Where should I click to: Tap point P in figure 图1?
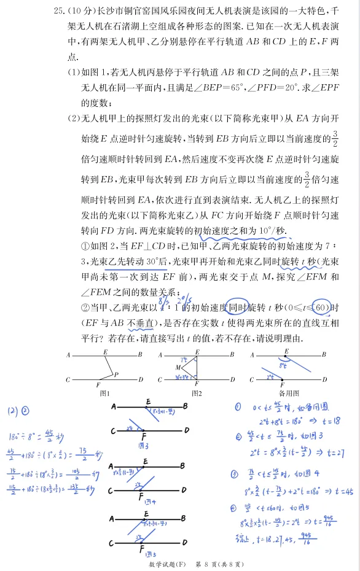[115, 374]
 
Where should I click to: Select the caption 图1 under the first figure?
[104, 393]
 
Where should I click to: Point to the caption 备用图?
[287, 393]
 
